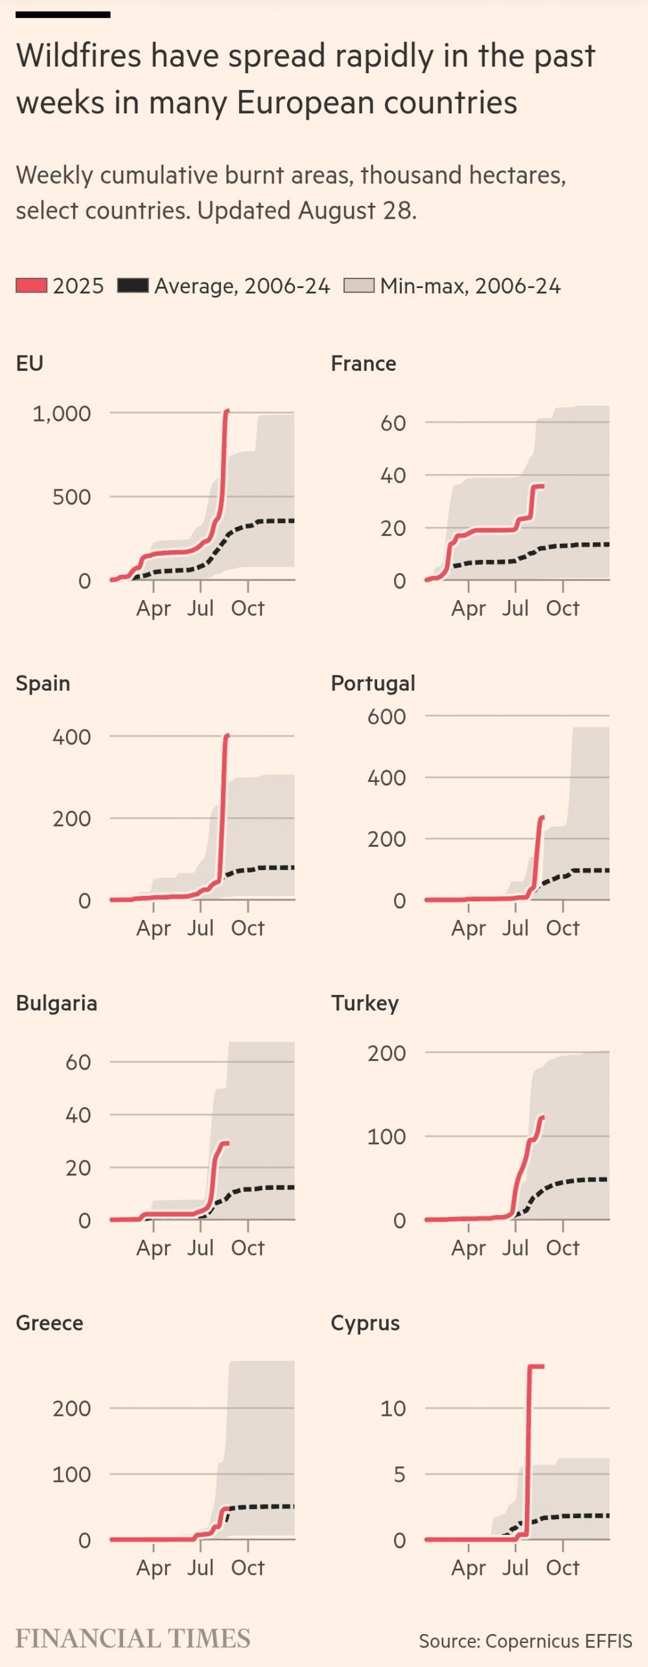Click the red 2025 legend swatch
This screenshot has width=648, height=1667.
pos(31,285)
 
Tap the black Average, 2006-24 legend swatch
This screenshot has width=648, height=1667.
pos(133,285)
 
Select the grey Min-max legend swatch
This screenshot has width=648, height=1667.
pos(359,285)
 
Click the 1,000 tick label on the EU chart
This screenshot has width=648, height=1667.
pos(62,414)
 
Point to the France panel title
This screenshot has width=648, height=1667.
pos(364,363)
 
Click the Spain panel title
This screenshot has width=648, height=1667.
pos(43,683)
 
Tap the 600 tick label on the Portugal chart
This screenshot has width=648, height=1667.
pos(386,717)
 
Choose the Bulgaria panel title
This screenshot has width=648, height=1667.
pos(56,1003)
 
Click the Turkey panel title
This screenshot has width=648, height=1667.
pos(365,1003)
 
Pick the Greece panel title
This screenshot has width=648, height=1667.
pos(49,1323)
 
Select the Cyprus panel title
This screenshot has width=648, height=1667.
pos(365,1323)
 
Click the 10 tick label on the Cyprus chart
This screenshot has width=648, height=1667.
pos(393,1408)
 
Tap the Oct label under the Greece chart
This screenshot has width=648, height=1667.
pos(248,1567)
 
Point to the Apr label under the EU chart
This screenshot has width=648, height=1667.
pos(154,608)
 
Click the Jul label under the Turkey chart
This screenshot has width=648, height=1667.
pos(515,1247)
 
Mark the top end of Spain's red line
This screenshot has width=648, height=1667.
pos(226,736)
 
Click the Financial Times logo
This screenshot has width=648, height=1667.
pos(133,1639)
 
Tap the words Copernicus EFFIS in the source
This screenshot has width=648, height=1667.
pos(559,1641)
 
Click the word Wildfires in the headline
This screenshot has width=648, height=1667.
pos(78,56)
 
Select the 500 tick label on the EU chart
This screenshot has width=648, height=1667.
pos(71,497)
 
